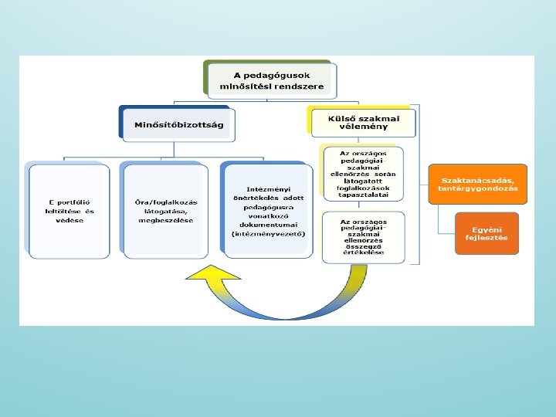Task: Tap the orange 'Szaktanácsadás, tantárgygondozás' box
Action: click(478, 184)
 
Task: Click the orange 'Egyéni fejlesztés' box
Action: click(486, 232)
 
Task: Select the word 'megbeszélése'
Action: click(166, 220)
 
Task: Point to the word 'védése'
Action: click(69, 220)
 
